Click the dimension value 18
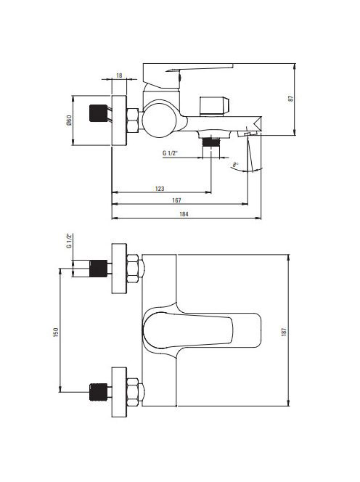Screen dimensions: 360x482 [x=119, y=75]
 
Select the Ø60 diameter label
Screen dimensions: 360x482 [x=69, y=120]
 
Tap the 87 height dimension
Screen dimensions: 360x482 [x=291, y=99]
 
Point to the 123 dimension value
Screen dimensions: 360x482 [x=160, y=189]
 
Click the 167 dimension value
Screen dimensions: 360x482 [x=176, y=200]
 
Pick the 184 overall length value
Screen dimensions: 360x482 [x=184, y=214]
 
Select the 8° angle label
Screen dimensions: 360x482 [x=235, y=165]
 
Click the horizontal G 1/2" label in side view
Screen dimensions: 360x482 [x=171, y=153]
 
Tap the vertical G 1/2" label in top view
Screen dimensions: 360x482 [x=69, y=242]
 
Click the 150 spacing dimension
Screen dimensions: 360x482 [x=56, y=332]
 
